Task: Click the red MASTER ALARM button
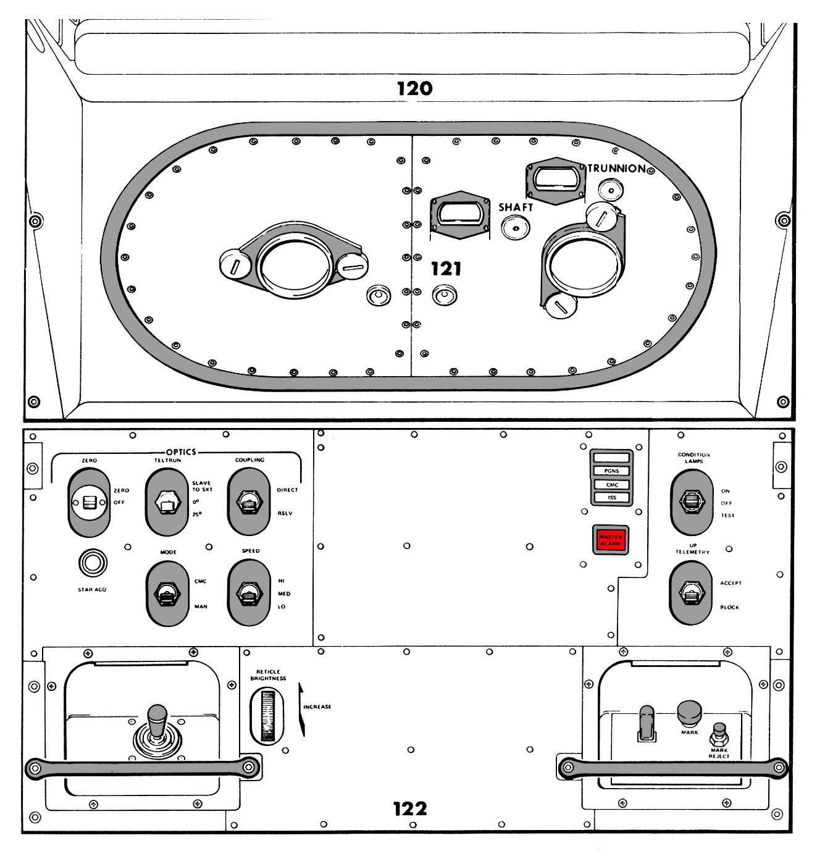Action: click(611, 540)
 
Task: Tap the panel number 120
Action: click(415, 88)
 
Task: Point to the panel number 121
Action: click(446, 269)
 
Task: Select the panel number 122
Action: click(410, 808)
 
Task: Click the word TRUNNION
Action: click(616, 169)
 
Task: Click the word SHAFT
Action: click(516, 208)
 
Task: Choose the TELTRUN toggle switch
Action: click(167, 503)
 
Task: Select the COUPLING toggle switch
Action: click(249, 501)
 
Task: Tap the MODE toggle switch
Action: click(167, 593)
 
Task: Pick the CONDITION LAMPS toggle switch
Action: click(692, 501)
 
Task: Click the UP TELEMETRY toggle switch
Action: click(691, 594)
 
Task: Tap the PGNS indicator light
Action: click(611, 471)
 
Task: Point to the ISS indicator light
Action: click(611, 498)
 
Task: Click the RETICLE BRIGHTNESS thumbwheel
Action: click(267, 715)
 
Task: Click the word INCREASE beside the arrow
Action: click(317, 707)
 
